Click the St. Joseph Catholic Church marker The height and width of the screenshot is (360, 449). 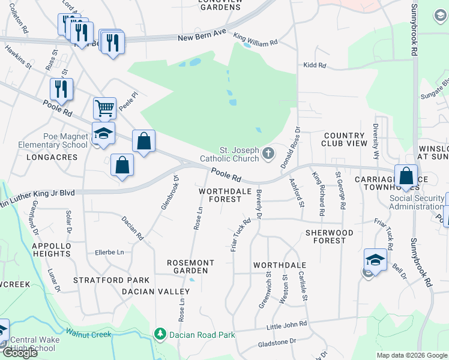pyautogui.click(x=268, y=155)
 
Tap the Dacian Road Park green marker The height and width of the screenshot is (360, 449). pyautogui.click(x=160, y=334)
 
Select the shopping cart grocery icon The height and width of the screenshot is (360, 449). pyautogui.click(x=104, y=109)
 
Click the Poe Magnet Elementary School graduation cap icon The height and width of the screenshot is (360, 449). pyautogui.click(x=103, y=133)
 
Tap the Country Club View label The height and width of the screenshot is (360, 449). pyautogui.click(x=344, y=140)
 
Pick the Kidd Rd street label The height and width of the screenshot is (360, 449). pyautogui.click(x=315, y=65)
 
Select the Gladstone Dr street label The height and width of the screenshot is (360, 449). pyautogui.click(x=277, y=341)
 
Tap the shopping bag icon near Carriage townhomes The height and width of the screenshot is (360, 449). pyautogui.click(x=406, y=176)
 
